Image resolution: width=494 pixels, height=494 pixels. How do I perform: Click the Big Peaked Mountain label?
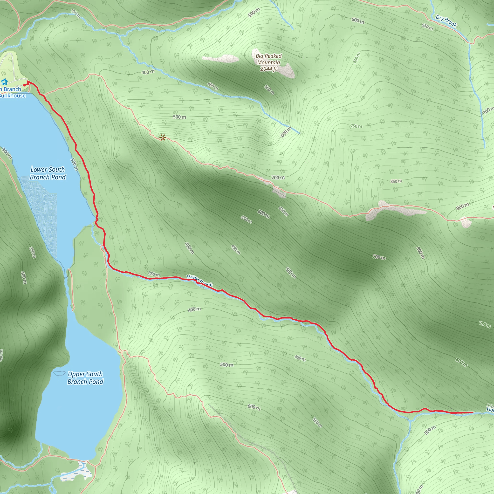coord(268,59)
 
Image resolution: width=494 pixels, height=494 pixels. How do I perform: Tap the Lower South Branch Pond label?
coord(48,173)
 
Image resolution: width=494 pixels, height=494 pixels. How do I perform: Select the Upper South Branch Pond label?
coord(85,378)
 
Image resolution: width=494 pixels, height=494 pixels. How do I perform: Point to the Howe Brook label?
coord(200,281)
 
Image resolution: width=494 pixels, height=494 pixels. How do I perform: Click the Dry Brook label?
coord(446,21)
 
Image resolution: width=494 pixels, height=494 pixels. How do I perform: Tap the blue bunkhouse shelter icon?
coord(4,82)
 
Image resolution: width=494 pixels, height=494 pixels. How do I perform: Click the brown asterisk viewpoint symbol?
coord(163,137)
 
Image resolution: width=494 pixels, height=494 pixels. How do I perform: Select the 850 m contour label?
coord(396,181)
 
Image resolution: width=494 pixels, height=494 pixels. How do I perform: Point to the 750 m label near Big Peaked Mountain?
coord(356,126)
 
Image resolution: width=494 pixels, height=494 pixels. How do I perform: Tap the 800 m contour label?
coord(420,253)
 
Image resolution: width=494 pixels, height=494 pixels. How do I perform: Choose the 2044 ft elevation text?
coord(268,69)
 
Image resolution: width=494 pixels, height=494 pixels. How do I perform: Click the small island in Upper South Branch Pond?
coord(59,373)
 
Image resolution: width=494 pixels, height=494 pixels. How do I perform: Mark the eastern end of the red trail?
coord(472,412)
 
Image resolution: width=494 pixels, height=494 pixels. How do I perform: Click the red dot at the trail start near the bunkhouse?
coord(24,85)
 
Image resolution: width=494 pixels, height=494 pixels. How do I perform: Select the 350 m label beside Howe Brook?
coord(154,274)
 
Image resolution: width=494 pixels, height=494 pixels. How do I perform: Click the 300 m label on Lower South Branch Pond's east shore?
coord(74,164)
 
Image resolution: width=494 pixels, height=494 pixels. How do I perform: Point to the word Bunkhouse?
coord(13,96)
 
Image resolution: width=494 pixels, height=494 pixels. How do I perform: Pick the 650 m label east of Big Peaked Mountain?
coord(357,58)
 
